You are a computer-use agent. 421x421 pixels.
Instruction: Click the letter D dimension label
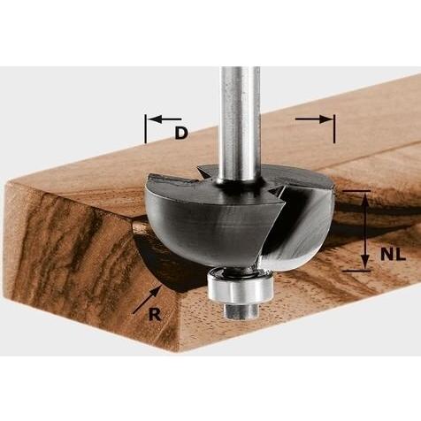181,133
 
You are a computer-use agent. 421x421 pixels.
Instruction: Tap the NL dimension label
393,254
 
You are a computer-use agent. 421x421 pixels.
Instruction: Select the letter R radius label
155,315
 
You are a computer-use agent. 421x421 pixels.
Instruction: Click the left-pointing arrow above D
165,119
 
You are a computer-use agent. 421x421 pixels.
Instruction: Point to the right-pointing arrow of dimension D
313,119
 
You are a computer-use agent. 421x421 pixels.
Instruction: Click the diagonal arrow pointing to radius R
147,300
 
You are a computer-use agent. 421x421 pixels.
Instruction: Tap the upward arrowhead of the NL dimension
365,200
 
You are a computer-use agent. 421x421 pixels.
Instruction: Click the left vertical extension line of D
145,129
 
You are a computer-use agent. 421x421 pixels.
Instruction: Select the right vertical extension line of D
334,129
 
